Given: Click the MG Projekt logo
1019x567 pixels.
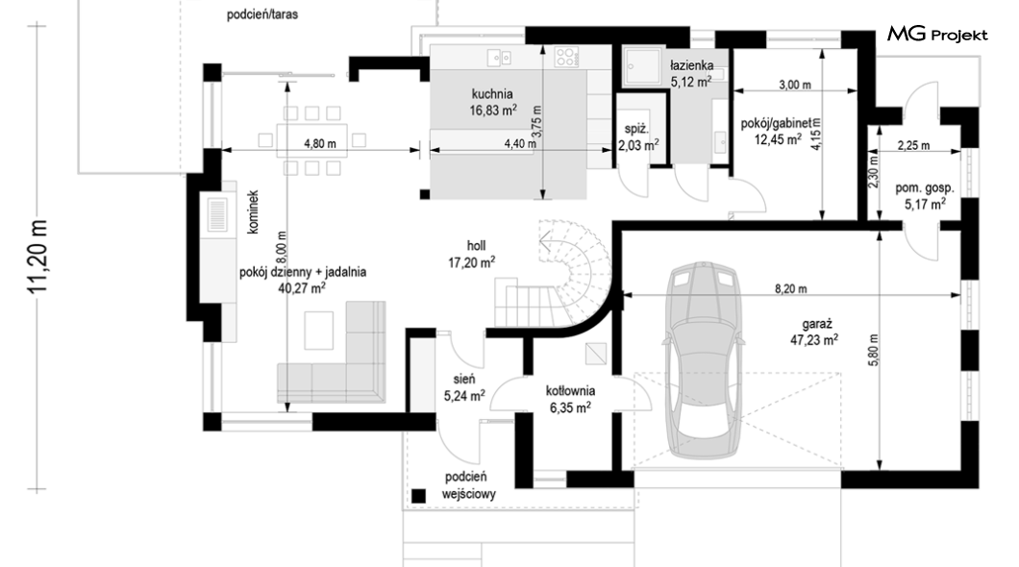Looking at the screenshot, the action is [x=937, y=34].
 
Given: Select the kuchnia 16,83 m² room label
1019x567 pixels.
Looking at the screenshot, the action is [x=492, y=103].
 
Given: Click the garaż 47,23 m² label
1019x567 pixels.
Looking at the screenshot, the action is [x=813, y=332].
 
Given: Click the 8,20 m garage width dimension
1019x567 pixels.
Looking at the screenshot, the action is [x=791, y=289].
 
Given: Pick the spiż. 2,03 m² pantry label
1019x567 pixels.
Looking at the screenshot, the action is [x=637, y=137].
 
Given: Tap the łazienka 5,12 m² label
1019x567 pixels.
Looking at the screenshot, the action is [x=691, y=73].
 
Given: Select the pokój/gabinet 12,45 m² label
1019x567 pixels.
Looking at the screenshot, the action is [x=778, y=131].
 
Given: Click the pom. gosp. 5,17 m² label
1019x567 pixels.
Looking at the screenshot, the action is [x=925, y=196].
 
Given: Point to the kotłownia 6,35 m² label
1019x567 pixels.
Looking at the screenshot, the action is [x=570, y=400].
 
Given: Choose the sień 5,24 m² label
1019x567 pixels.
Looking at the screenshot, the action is [x=464, y=387].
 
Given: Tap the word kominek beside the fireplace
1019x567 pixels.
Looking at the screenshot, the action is [x=253, y=211].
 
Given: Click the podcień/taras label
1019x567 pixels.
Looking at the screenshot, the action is [x=262, y=14].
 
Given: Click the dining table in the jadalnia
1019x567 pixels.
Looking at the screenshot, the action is [x=311, y=140].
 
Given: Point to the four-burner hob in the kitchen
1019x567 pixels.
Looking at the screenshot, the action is [x=566, y=57].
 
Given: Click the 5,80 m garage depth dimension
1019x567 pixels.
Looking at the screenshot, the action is [x=874, y=350].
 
